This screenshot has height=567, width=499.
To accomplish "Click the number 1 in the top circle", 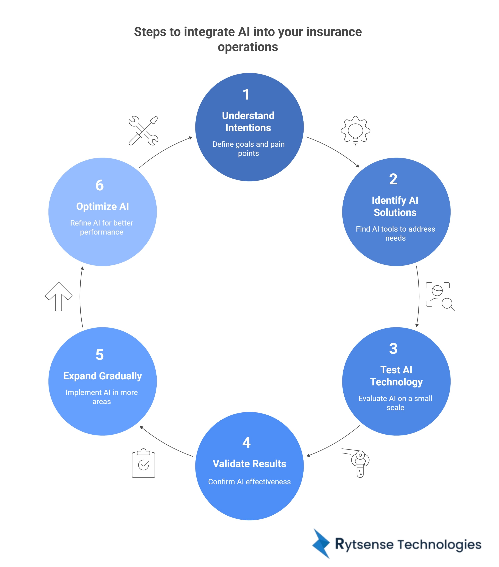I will click(x=246, y=95).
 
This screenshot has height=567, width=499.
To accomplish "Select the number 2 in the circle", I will click(x=393, y=179).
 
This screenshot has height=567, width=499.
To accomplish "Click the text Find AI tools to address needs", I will click(x=395, y=233).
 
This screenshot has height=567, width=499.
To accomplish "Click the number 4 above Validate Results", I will click(x=246, y=442).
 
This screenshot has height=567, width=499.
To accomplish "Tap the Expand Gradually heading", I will click(x=102, y=376).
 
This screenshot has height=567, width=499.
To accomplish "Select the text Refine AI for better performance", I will click(x=102, y=227).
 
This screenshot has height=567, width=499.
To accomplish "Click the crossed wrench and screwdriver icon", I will click(x=143, y=131).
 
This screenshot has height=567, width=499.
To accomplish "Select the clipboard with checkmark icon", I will click(x=143, y=463).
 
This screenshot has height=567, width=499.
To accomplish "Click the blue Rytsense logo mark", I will click(x=321, y=544).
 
